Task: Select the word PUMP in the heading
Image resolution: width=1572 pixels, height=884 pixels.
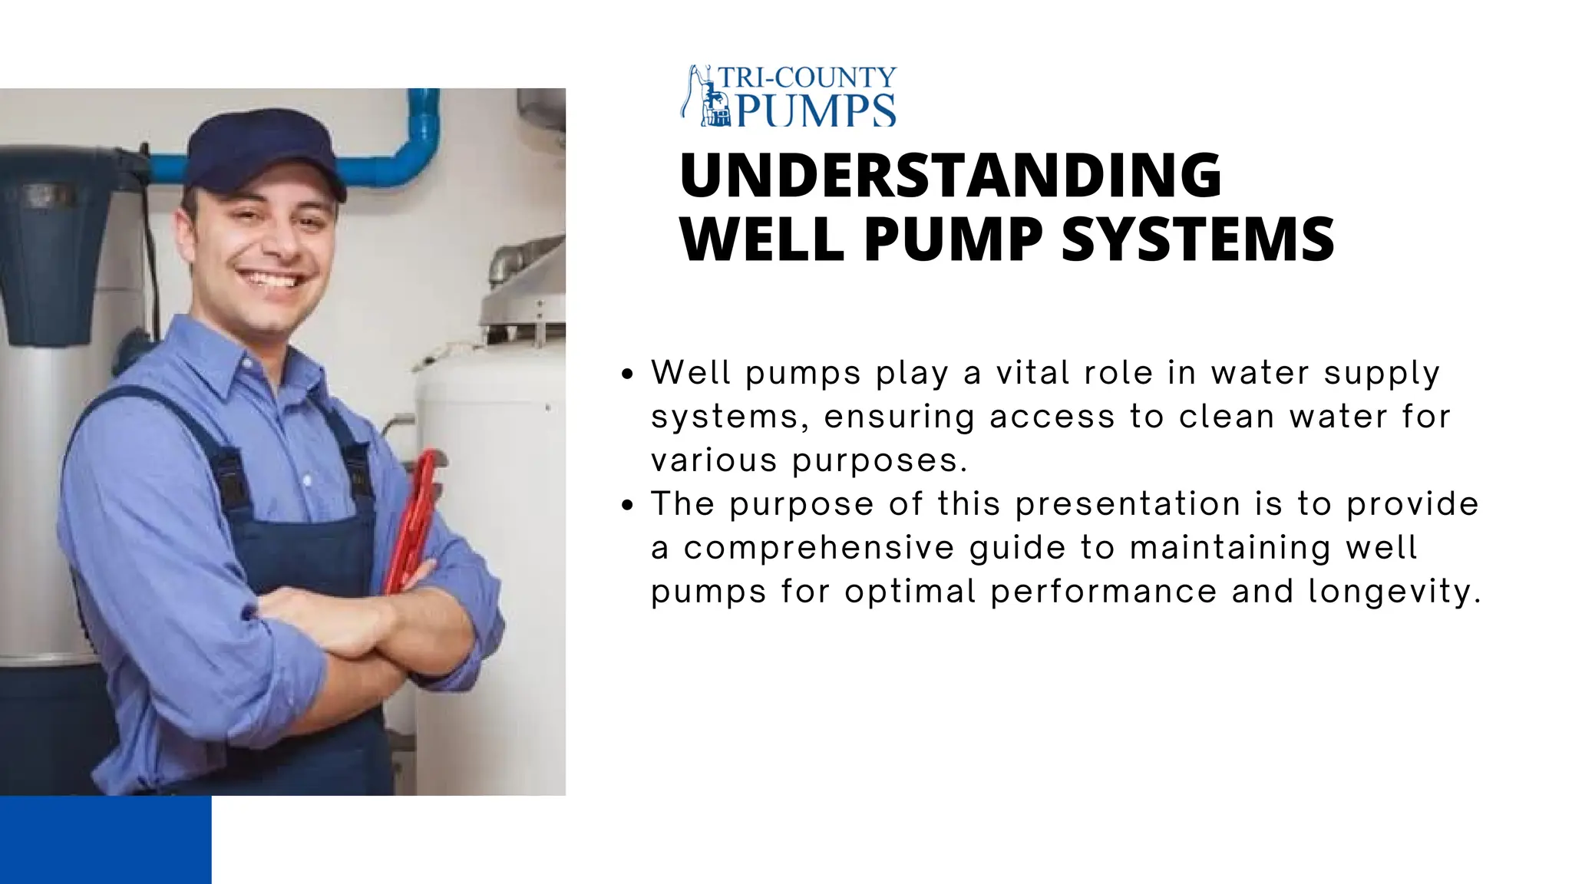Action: [953, 239]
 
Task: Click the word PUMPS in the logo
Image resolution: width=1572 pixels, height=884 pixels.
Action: [816, 111]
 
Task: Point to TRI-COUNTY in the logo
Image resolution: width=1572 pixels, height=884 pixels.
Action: [807, 78]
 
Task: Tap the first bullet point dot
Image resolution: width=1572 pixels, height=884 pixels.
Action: [628, 374]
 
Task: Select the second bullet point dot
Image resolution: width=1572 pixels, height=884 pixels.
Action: [628, 506]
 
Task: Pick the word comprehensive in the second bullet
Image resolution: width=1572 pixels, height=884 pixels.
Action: [817, 548]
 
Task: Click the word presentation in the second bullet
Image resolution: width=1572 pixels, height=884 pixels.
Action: [1128, 504]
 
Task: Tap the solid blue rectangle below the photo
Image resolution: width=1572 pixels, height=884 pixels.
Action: [105, 839]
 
